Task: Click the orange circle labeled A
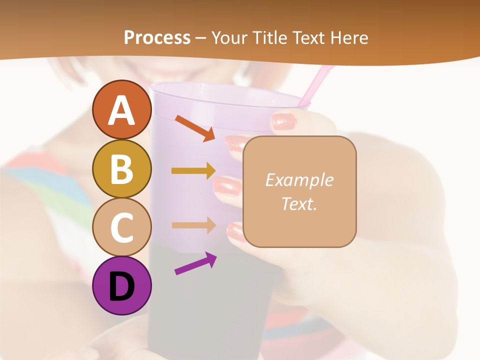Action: point(121,110)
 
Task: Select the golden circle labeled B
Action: point(121,168)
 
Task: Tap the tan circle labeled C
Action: point(121,227)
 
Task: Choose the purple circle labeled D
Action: point(121,285)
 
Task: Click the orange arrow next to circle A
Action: point(195,128)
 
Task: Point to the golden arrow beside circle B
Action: point(193,171)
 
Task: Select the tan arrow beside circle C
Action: point(193,225)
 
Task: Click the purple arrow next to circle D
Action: point(195,263)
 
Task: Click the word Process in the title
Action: point(157,37)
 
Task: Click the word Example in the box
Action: point(299,180)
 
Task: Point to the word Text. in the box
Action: point(299,203)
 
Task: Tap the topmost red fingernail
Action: point(284,121)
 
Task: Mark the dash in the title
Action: point(201,38)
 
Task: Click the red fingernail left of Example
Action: point(227,186)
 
